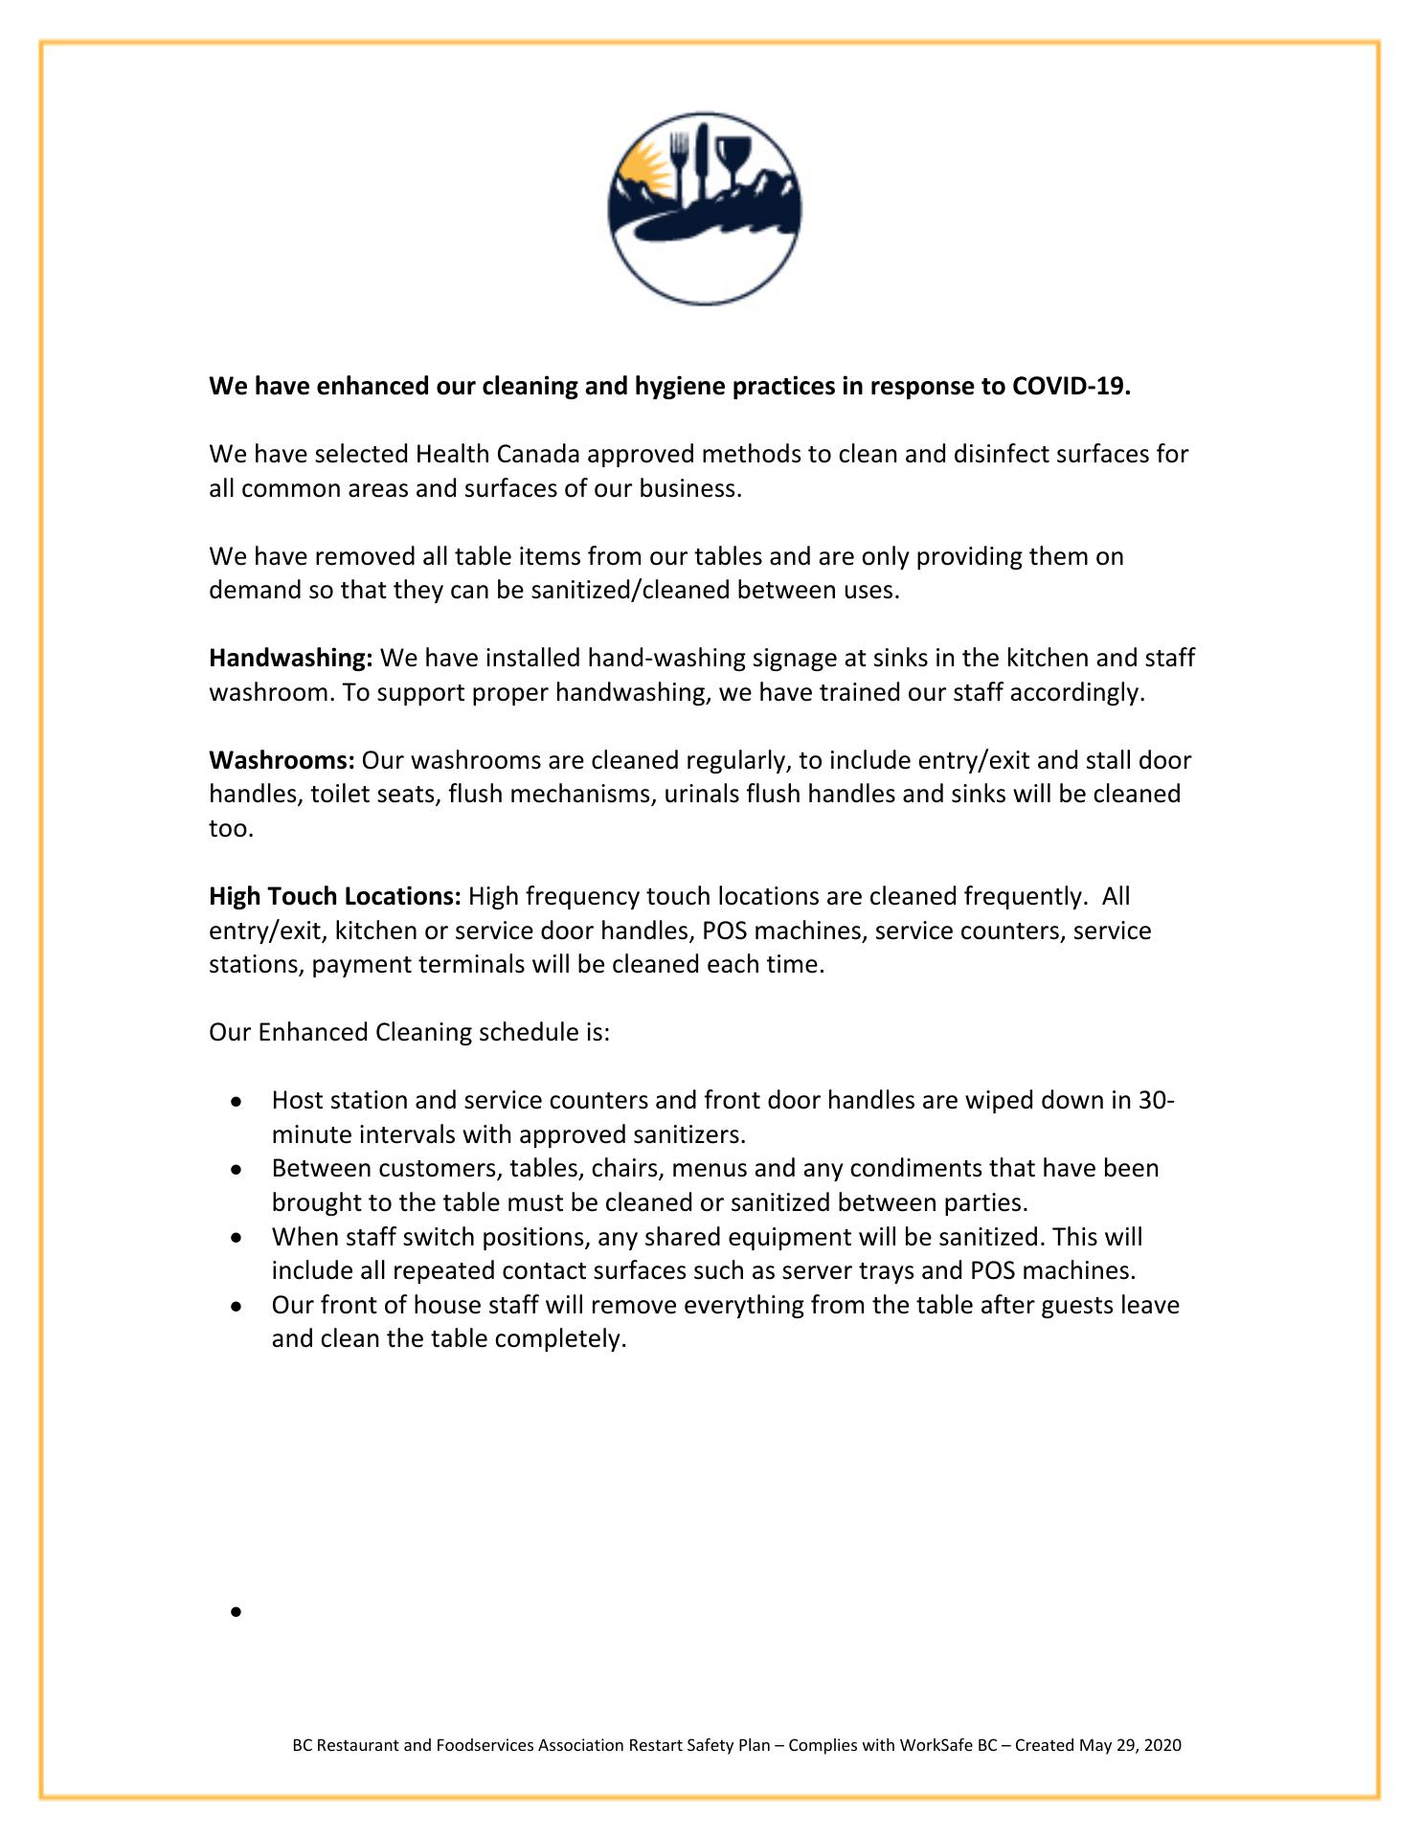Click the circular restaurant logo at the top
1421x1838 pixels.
[x=705, y=209]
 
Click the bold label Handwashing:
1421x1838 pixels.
[x=291, y=659]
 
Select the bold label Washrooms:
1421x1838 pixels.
[x=282, y=761]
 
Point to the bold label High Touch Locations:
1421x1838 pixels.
[x=335, y=897]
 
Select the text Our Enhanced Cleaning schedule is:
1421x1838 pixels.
[x=410, y=1033]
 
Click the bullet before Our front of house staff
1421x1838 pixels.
[x=236, y=1307]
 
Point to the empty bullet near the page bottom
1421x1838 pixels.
[x=236, y=1612]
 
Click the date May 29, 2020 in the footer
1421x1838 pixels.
[x=1130, y=1745]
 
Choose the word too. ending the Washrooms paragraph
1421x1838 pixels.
[x=232, y=828]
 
